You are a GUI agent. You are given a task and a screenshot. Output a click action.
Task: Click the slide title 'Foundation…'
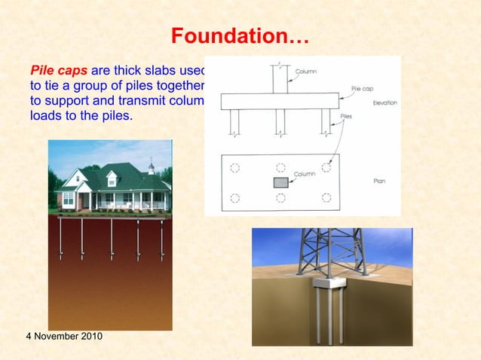click(240, 35)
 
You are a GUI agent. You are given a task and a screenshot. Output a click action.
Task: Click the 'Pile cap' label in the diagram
click(362, 88)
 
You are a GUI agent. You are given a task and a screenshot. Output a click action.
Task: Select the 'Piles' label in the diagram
click(346, 117)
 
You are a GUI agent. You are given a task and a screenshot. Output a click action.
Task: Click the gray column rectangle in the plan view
click(280, 182)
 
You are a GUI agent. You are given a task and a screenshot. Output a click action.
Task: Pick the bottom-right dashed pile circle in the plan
click(326, 198)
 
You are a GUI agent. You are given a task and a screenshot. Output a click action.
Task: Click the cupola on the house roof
click(151, 167)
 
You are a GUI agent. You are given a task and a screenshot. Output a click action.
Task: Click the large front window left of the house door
click(69, 200)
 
